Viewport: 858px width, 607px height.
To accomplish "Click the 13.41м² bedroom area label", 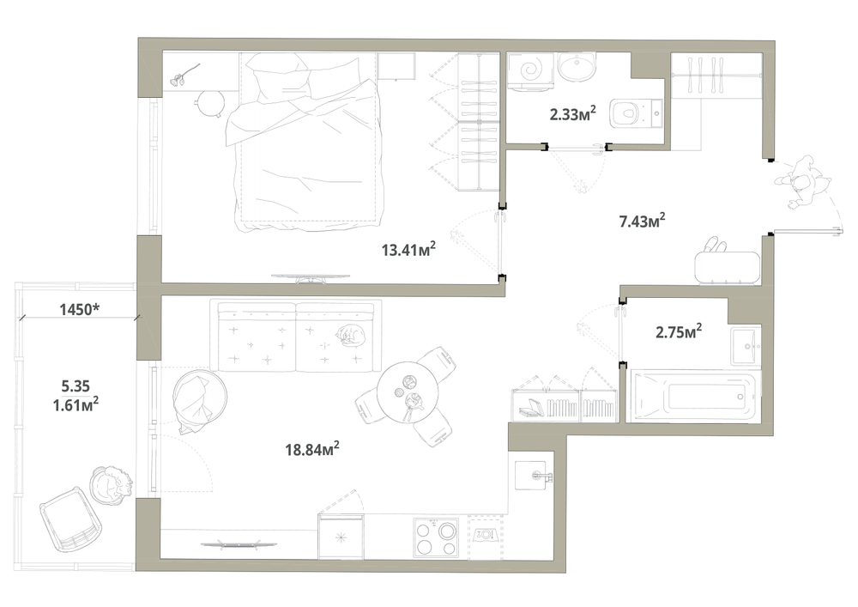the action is (x=408, y=250).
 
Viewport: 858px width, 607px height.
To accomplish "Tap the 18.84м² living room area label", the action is (x=312, y=449).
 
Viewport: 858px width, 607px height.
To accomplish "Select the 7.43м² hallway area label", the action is (x=642, y=222).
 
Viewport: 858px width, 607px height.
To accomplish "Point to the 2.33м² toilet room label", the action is (x=572, y=114).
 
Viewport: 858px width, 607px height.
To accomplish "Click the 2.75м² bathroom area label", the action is (x=679, y=331).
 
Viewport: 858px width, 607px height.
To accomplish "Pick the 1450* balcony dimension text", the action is (x=79, y=309).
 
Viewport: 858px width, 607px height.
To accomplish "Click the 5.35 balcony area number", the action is (x=76, y=385).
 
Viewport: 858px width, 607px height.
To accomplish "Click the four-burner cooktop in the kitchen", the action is (x=436, y=538).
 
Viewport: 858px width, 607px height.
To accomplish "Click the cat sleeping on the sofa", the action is (x=349, y=336).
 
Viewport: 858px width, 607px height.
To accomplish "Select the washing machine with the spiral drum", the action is (x=529, y=70).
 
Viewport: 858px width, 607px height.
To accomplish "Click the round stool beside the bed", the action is (x=210, y=103).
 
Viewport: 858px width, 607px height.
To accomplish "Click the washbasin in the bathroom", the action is (x=746, y=346).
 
